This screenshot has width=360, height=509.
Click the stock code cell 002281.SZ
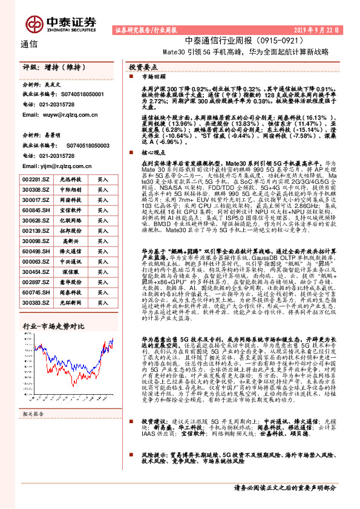tap(34, 180)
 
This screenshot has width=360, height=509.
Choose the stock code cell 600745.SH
tap(34, 293)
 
